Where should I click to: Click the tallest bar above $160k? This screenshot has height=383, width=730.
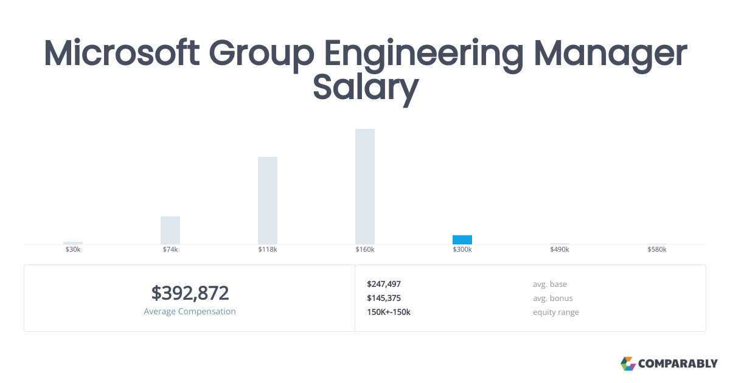point(365,187)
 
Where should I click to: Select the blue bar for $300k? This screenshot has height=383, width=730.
point(462,240)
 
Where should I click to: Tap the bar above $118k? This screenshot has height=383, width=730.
point(268,201)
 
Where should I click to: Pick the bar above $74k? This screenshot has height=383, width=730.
point(170,230)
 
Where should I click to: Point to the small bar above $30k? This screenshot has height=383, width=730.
point(73,243)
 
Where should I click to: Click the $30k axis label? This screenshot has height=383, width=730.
point(73,250)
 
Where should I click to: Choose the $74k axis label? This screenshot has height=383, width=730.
point(170,250)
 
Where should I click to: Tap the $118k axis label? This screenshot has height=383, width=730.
point(268,250)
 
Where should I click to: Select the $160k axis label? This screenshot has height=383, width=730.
point(365,250)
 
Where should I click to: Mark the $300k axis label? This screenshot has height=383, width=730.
point(462,250)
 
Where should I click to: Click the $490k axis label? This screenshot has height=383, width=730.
point(560,250)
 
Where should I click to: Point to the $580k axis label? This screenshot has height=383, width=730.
point(657,250)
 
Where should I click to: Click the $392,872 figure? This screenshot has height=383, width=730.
point(190,293)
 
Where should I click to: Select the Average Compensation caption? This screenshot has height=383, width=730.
point(190,311)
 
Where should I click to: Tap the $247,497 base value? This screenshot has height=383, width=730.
point(384,284)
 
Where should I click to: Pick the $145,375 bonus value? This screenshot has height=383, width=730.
point(384,298)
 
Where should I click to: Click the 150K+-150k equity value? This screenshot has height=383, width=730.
point(389,312)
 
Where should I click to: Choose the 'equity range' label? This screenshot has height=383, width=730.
point(556,312)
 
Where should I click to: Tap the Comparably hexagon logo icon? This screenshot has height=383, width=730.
point(628,364)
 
